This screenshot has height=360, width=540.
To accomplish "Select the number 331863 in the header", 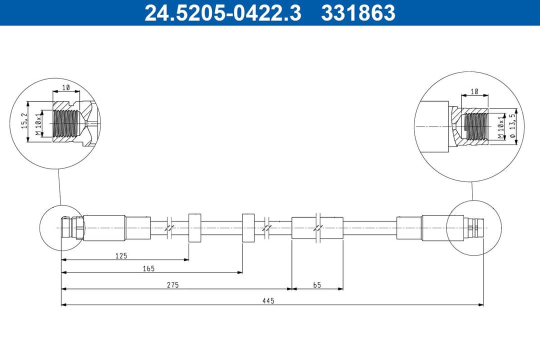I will pyautogui.click(x=358, y=12).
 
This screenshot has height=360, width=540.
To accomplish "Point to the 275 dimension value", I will pyautogui.click(x=173, y=285).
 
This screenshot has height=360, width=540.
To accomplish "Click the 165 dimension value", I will pyautogui.click(x=148, y=268).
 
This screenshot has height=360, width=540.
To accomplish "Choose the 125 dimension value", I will pyautogui.click(x=121, y=255).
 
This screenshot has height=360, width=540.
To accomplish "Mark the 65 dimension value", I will pyautogui.click(x=316, y=285).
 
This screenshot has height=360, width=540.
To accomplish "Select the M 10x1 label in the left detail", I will pyautogui.click(x=38, y=123).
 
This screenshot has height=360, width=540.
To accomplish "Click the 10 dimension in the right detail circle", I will pyautogui.click(x=474, y=91).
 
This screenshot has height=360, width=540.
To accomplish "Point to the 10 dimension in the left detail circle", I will pyautogui.click(x=66, y=87).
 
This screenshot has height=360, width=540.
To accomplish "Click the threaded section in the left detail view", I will pyautogui.click(x=65, y=123).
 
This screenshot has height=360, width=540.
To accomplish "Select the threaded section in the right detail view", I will pyautogui.click(x=475, y=127).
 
